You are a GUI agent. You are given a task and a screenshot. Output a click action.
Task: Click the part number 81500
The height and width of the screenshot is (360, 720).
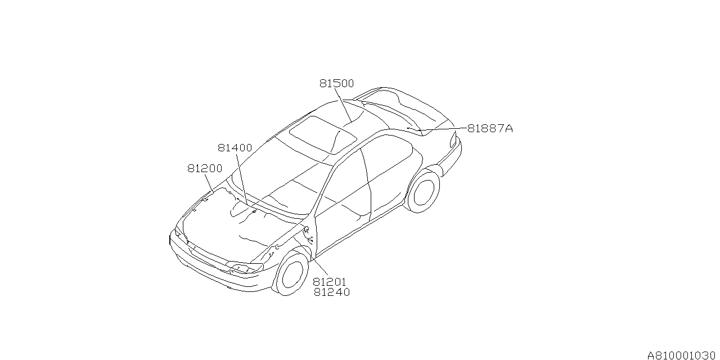tap(336, 84)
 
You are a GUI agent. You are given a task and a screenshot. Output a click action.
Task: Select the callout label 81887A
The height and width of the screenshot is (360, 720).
tap(490, 129)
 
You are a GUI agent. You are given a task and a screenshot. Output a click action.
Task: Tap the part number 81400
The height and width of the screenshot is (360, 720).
tap(235, 148)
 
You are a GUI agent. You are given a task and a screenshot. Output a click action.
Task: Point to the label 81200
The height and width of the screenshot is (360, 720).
tap(205, 168)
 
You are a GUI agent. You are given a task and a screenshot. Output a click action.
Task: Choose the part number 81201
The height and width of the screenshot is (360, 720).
tap(330, 282)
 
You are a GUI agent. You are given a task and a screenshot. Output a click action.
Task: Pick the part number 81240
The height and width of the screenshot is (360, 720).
tap(332, 292)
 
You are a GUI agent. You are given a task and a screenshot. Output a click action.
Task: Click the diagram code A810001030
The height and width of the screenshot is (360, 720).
tap(683, 355)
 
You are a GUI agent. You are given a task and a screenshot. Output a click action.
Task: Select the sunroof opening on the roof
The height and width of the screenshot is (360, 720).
tap(323, 135)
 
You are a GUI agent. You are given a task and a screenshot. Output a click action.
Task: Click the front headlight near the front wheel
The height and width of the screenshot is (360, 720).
tap(245, 267)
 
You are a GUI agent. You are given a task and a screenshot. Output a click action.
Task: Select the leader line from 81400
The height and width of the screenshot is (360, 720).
tap(242, 179)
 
